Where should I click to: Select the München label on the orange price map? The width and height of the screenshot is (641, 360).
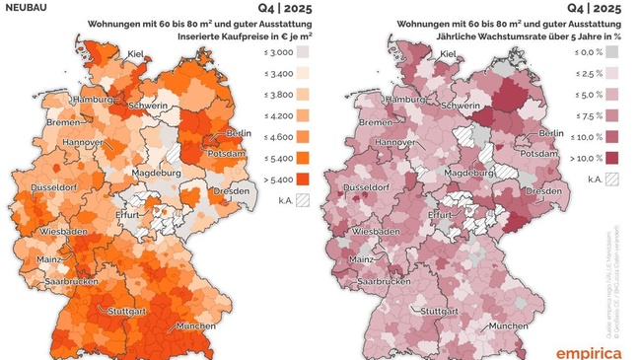point(197,325)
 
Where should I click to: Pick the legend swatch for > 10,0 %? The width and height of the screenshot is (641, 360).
point(614,158)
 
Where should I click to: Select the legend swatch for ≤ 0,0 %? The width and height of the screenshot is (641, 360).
point(614,50)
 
